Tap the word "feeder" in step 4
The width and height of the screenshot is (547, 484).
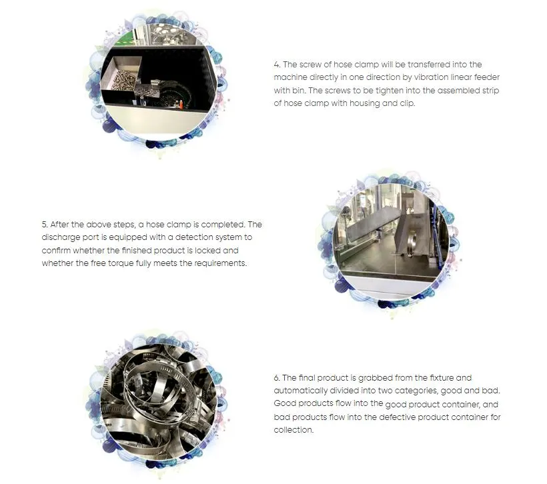(487, 77)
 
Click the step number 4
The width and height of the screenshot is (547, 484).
(277, 65)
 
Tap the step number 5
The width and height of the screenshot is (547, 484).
(45, 224)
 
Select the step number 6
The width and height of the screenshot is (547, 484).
(277, 378)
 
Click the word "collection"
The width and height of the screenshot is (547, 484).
(294, 430)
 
